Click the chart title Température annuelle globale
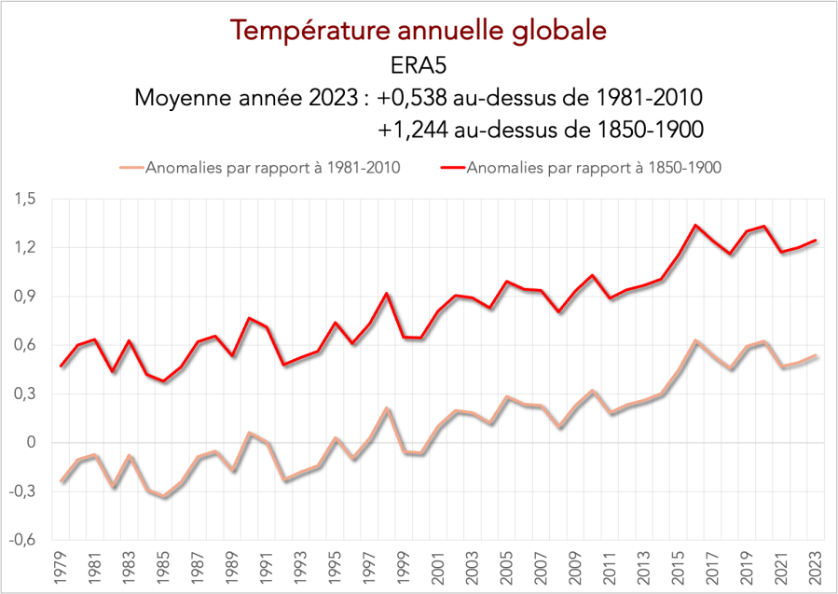click(x=419, y=30)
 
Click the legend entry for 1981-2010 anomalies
click(x=270, y=168)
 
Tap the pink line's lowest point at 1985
click(x=165, y=497)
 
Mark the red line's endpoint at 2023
click(x=817, y=241)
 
